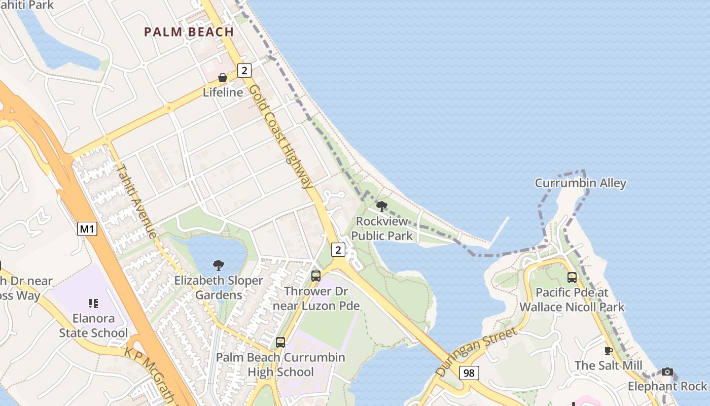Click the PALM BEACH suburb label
pyautogui.click(x=189, y=32)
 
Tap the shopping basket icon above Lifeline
pyautogui.click(x=222, y=78)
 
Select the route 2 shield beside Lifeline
pyautogui.click(x=244, y=71)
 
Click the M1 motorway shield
pyautogui.click(x=87, y=229)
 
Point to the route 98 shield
pyautogui.click(x=469, y=373)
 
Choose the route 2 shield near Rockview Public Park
pyautogui.click(x=338, y=249)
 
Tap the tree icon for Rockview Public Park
pyautogui.click(x=382, y=206)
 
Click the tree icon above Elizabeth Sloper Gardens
pyautogui.click(x=219, y=265)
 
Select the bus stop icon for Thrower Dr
pyautogui.click(x=316, y=276)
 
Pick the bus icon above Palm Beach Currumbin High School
pyautogui.click(x=280, y=343)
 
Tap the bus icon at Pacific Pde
pyautogui.click(x=572, y=278)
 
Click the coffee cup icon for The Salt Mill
pyautogui.click(x=609, y=351)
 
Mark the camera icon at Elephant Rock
pyautogui.click(x=667, y=372)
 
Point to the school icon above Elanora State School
pyautogui.click(x=93, y=303)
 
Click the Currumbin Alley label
pyautogui.click(x=581, y=183)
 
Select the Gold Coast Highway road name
pyautogui.click(x=281, y=136)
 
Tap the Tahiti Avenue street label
pyautogui.click(x=136, y=200)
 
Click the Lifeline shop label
pyautogui.click(x=223, y=92)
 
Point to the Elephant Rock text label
pyautogui.click(x=667, y=386)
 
